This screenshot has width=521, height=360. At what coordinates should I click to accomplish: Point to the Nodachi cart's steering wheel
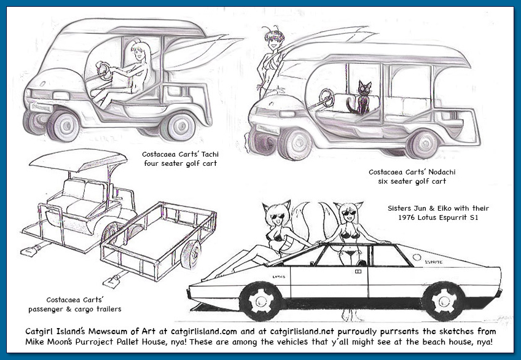pos(326,97)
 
